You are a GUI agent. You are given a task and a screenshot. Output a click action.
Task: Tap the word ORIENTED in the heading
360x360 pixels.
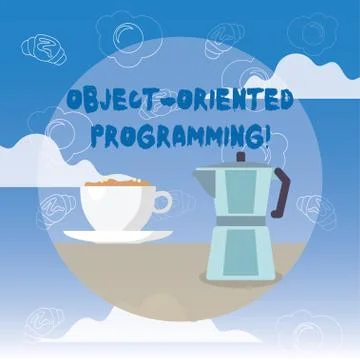(229, 102)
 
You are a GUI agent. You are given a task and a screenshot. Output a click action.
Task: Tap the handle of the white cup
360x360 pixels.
(162, 203)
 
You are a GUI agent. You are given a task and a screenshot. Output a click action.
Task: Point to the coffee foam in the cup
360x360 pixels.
(114, 185)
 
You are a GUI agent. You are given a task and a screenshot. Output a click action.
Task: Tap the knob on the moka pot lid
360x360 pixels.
(240, 157)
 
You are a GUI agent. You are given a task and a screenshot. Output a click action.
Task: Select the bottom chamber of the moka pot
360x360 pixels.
(240, 250)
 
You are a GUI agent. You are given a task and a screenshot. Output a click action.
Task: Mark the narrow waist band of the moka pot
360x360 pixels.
(240, 221)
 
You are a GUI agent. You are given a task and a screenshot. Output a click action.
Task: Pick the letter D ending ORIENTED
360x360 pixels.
(284, 102)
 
